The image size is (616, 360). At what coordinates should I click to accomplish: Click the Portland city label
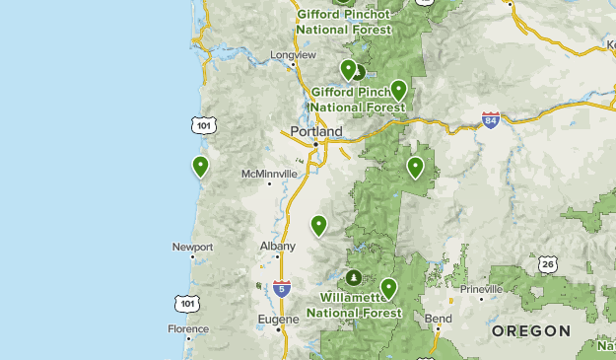pyautogui.click(x=315, y=131)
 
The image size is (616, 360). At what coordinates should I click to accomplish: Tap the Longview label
pyautogui.click(x=294, y=55)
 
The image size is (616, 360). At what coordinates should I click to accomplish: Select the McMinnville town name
pyautogui.click(x=269, y=174)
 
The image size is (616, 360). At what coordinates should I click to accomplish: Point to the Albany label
pyautogui.click(x=277, y=246)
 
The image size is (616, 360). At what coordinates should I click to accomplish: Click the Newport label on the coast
pyautogui.click(x=192, y=247)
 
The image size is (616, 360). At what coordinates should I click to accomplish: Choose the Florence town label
pyautogui.click(x=188, y=328)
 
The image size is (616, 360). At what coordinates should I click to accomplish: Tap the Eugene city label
pyautogui.click(x=278, y=320)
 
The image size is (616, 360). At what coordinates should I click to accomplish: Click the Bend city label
pyautogui.click(x=438, y=320)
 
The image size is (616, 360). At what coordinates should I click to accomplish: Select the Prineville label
pyautogui.click(x=479, y=289)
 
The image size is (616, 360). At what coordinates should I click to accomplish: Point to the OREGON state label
pyautogui.click(x=530, y=330)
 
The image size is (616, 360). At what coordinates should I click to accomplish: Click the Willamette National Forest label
pyautogui.click(x=353, y=304)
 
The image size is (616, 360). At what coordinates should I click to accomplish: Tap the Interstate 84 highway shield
pyautogui.click(x=491, y=120)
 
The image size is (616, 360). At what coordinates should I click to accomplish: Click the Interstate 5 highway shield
pyautogui.click(x=283, y=289)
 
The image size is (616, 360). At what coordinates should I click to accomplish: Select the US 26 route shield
pyautogui.click(x=548, y=263)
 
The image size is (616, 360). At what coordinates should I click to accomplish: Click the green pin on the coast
pyautogui.click(x=201, y=166)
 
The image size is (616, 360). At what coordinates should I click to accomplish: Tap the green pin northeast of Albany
pyautogui.click(x=318, y=226)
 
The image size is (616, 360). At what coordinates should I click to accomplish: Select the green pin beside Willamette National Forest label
pyautogui.click(x=389, y=288)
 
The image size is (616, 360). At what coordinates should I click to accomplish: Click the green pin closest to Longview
pyautogui.click(x=348, y=69)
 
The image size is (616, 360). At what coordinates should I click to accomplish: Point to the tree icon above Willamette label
pyautogui.click(x=353, y=276)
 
